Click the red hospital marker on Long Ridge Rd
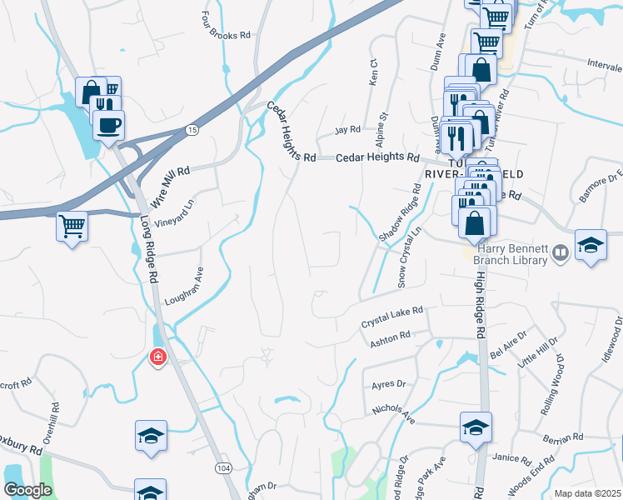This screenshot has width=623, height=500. pos(157,358)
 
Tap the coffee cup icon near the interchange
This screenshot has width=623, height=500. pos(108,127)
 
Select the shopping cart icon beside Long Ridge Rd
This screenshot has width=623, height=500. pos(72,225)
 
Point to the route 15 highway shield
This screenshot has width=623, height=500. pos(192,130)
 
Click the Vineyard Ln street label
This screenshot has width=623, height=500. pos(181,212)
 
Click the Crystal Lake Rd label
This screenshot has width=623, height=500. pos(391,316)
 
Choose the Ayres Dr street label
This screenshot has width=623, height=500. pos(388,384)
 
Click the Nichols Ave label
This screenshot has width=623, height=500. pos(394,412)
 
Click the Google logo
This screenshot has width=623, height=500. pos(27,490)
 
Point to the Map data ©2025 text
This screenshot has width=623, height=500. pos(586,493)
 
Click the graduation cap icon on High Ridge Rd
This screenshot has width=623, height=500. pos(475,427)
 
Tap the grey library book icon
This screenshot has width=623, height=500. pos(561,252)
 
